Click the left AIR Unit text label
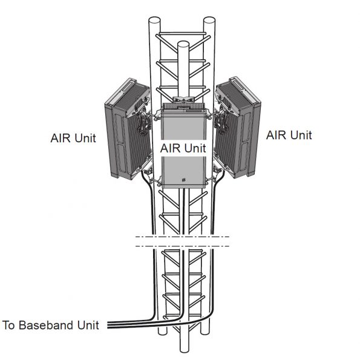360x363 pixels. tap(73, 137)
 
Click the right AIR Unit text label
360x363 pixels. tap(289, 135)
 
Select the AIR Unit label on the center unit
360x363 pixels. tap(182, 147)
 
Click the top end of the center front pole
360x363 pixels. tap(183, 44)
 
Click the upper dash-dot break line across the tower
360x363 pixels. tap(182, 236)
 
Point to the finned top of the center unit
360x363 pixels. tap(183, 106)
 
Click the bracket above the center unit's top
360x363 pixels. tap(183, 97)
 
